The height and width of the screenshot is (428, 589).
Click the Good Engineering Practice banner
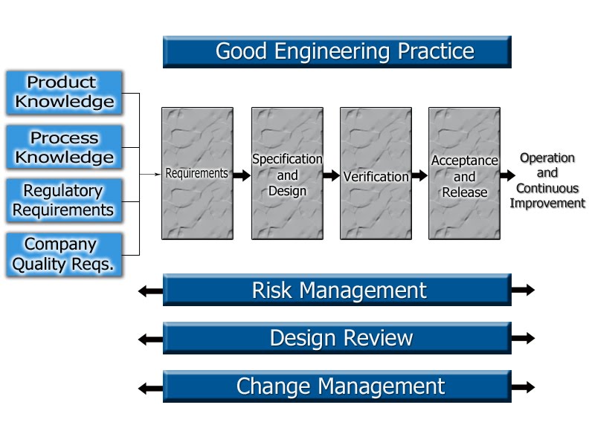tap(337, 52)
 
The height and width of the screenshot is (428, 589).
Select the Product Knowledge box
tap(65, 93)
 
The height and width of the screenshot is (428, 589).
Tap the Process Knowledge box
tap(65, 147)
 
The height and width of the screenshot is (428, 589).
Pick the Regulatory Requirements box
tap(65, 201)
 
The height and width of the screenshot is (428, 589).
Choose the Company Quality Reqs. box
tap(65, 255)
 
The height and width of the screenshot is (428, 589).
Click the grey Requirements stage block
tap(196, 173)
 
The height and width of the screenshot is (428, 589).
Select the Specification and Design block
tap(287, 173)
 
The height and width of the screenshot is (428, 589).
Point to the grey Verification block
tap(376, 173)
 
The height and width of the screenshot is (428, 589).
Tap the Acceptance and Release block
tap(464, 173)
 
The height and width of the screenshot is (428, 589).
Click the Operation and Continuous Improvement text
tap(547, 181)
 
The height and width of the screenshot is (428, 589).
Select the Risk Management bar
tap(337, 290)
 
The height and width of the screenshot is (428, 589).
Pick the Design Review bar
tap(337, 338)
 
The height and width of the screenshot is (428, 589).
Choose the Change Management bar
tap(337, 386)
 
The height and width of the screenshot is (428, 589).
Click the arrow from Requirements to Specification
tap(242, 175)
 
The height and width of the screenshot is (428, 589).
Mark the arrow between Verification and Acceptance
tap(419, 175)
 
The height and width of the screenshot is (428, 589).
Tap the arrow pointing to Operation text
tap(507, 175)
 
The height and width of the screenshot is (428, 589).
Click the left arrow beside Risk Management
tap(150, 291)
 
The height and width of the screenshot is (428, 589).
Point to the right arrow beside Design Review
tap(523, 338)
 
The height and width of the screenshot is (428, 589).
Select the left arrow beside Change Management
tap(150, 387)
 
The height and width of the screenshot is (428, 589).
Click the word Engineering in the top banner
tap(334, 51)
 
